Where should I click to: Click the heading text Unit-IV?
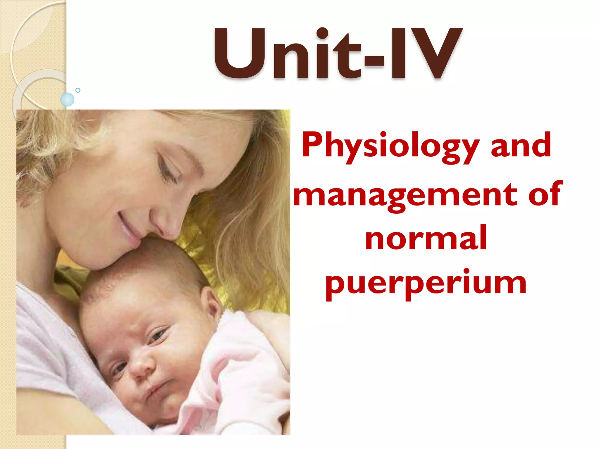[x=338, y=54]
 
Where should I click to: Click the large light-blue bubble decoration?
[x=67, y=99]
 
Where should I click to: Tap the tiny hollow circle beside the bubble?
[x=78, y=90]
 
